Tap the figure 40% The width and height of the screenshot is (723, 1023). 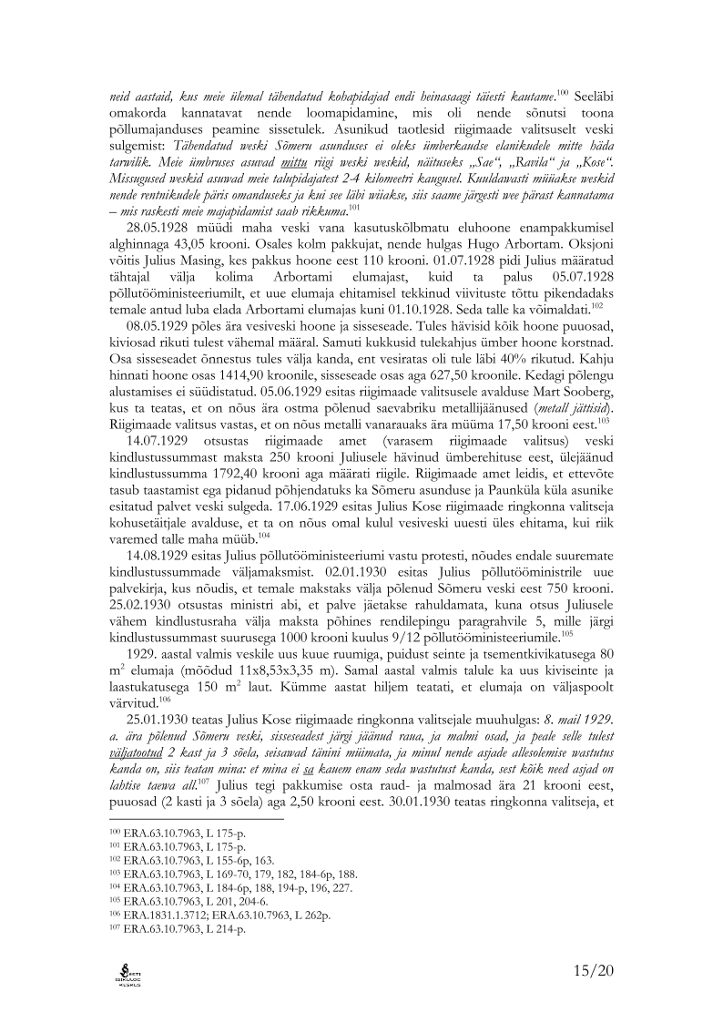pos(500,356)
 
